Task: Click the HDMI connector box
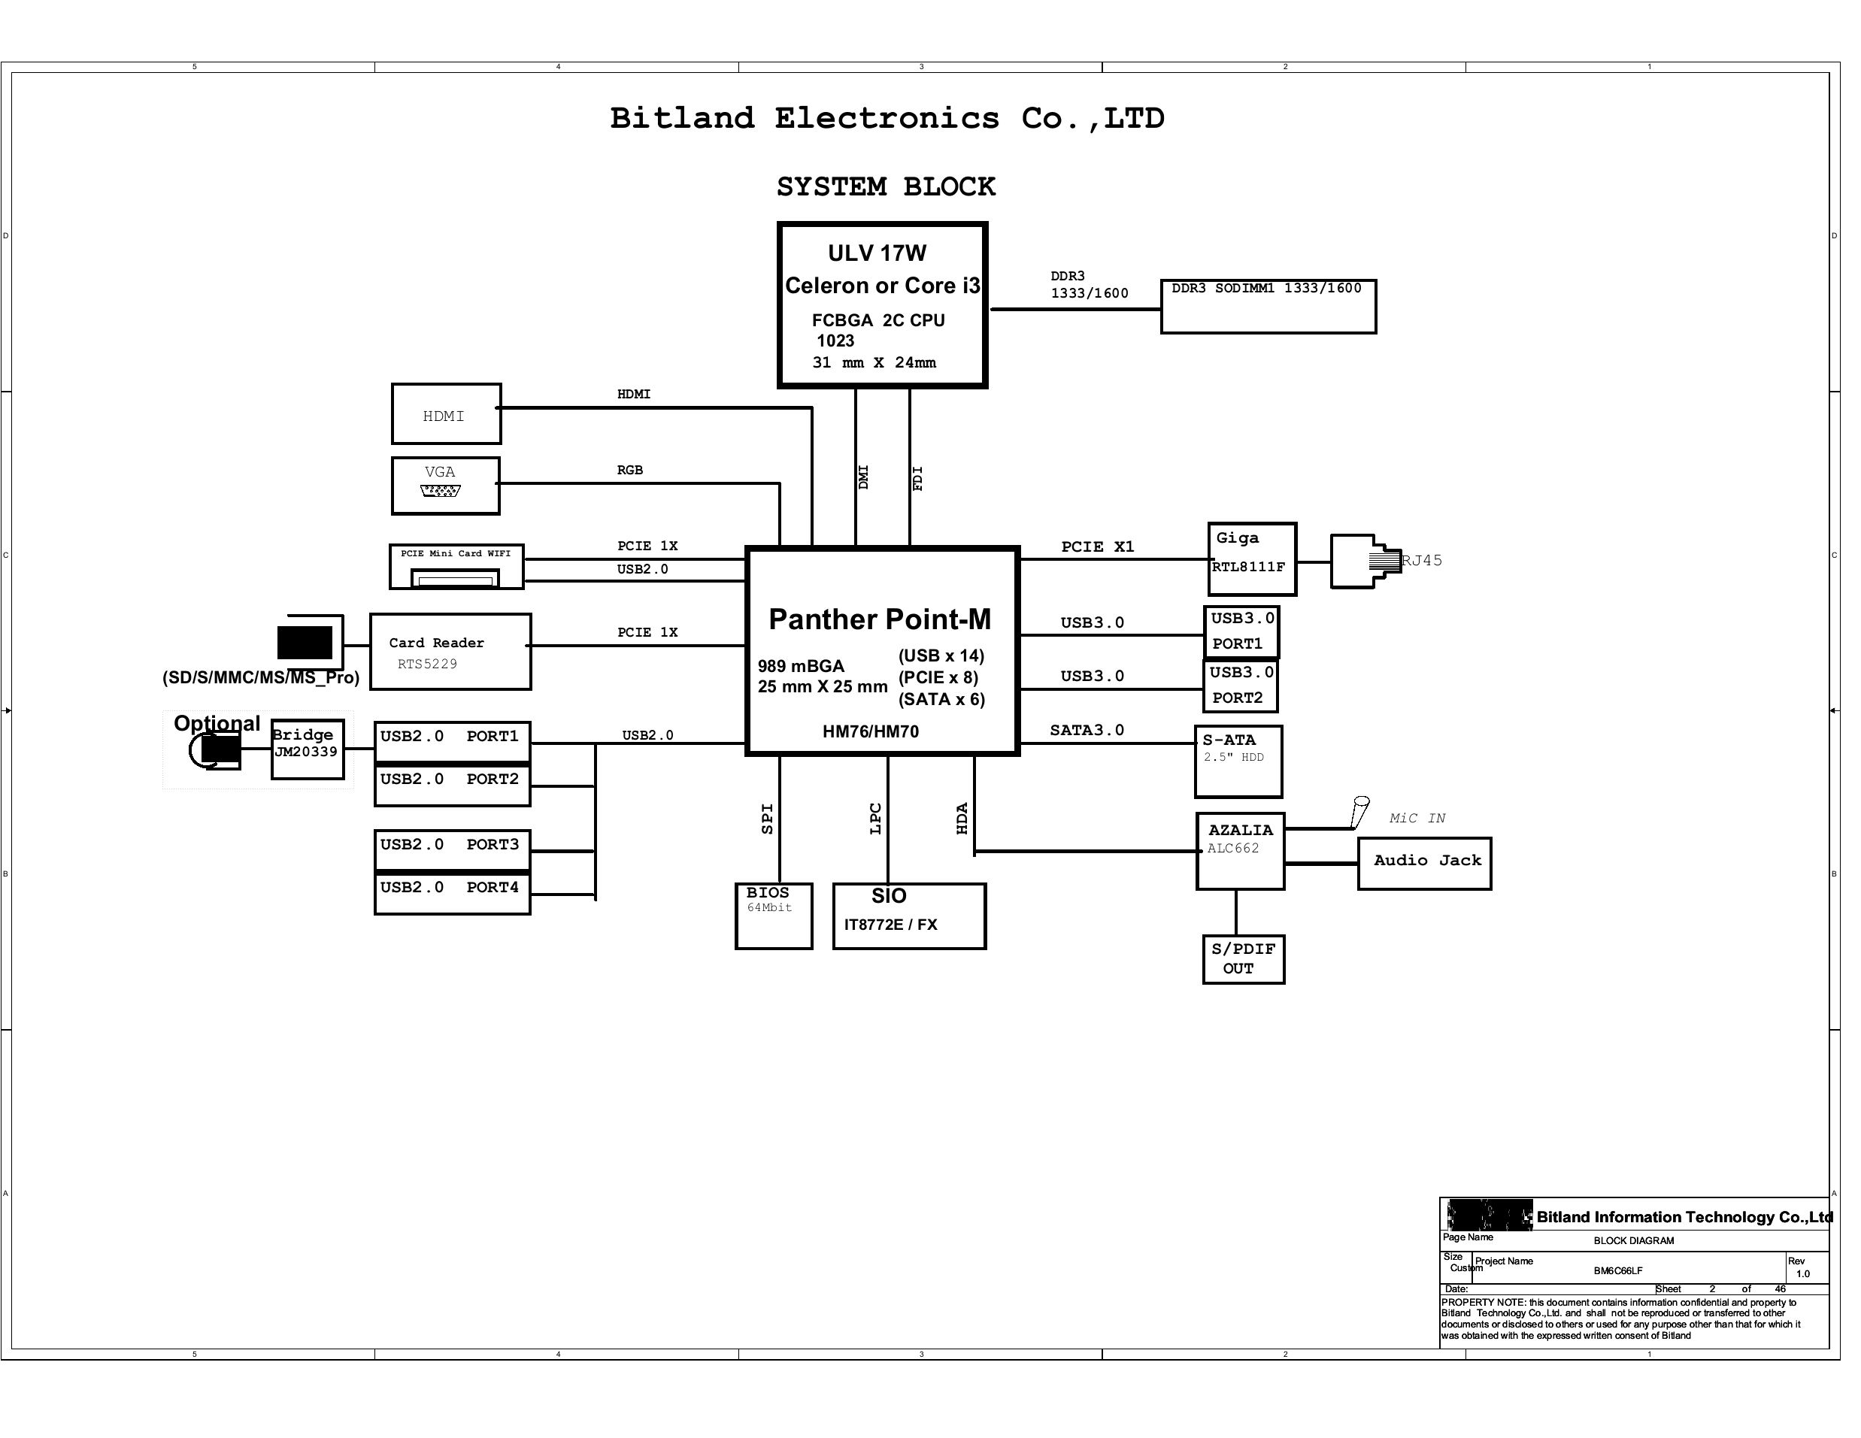(447, 414)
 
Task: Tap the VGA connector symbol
(441, 491)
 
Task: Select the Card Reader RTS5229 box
(450, 652)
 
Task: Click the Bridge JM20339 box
(308, 749)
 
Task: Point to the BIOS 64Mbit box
(774, 916)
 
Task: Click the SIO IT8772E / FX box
(909, 916)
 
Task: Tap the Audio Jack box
(1425, 864)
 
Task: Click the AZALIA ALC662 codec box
(1240, 851)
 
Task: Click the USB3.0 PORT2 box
(1241, 686)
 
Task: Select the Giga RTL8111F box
(1252, 559)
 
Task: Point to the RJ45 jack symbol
(1365, 562)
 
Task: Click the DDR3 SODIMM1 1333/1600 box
(1268, 307)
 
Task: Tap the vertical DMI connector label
(863, 477)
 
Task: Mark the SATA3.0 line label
(1087, 730)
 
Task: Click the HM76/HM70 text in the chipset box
(870, 731)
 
